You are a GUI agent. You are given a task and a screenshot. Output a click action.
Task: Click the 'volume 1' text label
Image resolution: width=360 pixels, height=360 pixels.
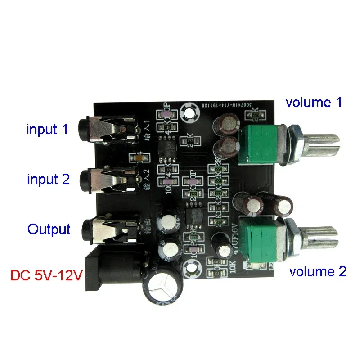(314, 102)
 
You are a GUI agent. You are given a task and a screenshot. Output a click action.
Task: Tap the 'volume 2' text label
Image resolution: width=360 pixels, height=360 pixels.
(318, 271)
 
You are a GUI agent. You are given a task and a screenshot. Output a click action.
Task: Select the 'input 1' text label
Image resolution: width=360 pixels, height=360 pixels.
(47, 130)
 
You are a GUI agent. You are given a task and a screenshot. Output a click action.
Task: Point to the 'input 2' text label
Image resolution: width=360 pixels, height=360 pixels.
(48, 179)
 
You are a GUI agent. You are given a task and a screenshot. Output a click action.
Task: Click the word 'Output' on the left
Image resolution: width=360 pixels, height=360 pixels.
(49, 229)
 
